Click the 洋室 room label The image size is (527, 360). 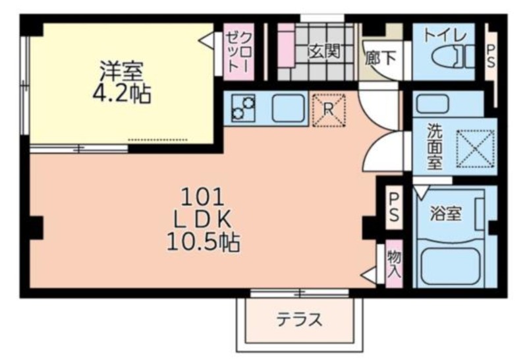121,71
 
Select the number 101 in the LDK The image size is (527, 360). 202,197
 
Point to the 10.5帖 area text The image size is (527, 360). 203,242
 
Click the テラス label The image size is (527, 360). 299,319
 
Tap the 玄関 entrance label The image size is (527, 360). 324,51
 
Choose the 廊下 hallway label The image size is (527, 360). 380,58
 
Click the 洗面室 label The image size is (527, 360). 435,146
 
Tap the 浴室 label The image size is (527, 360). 446,214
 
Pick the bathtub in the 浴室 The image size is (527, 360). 449,266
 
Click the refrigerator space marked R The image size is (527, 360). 329,109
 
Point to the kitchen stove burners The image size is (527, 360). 243,108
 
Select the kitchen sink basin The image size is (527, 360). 289,108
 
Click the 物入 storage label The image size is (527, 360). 394,264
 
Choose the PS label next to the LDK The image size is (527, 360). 393,207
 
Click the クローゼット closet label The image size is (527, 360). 238,51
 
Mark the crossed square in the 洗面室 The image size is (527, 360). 475,149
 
